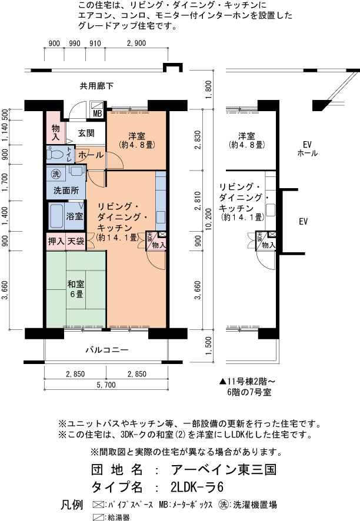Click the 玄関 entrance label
click(86, 133)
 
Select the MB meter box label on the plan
click(98, 113)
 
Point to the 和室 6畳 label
click(76, 289)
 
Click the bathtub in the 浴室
click(56, 216)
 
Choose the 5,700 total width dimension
click(106, 385)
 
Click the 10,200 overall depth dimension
click(208, 219)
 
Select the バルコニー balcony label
click(106, 350)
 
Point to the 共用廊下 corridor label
click(96, 86)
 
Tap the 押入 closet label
click(56, 241)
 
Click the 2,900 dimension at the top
click(136, 43)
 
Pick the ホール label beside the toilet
click(91, 155)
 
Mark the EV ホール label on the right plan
click(307, 149)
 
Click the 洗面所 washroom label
click(66, 191)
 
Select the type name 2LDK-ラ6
click(197, 487)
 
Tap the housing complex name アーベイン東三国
click(224, 469)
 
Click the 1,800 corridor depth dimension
click(208, 90)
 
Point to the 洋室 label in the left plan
click(136, 136)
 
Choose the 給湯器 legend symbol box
click(98, 517)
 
